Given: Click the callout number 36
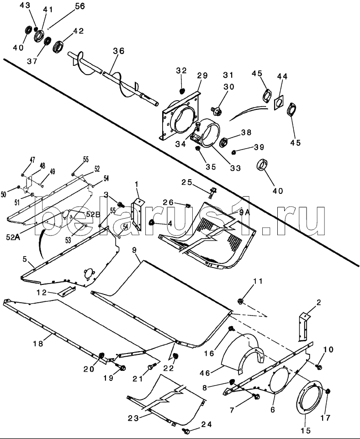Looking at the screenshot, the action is [x=119, y=51].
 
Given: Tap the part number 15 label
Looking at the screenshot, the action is [x=306, y=430].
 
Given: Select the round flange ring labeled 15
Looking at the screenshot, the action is [x=311, y=397].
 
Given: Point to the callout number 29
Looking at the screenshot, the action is [x=202, y=75].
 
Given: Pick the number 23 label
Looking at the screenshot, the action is [x=133, y=418].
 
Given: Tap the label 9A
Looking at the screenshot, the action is [x=244, y=213].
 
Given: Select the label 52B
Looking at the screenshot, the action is [x=93, y=214].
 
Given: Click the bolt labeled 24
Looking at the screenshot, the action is [x=186, y=429].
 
